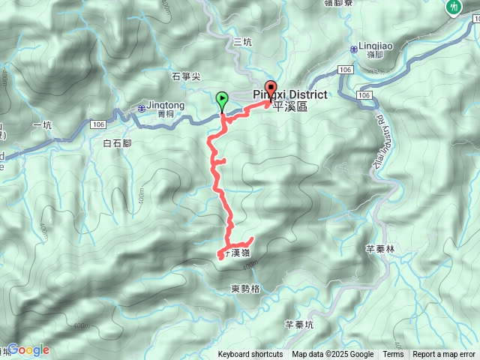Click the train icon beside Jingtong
(142, 108)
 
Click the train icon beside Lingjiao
(352, 49)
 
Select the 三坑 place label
(242, 42)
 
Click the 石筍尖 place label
(186, 76)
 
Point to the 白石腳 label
(118, 142)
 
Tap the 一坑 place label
(42, 125)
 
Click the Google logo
(28, 349)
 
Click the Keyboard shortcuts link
(250, 355)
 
